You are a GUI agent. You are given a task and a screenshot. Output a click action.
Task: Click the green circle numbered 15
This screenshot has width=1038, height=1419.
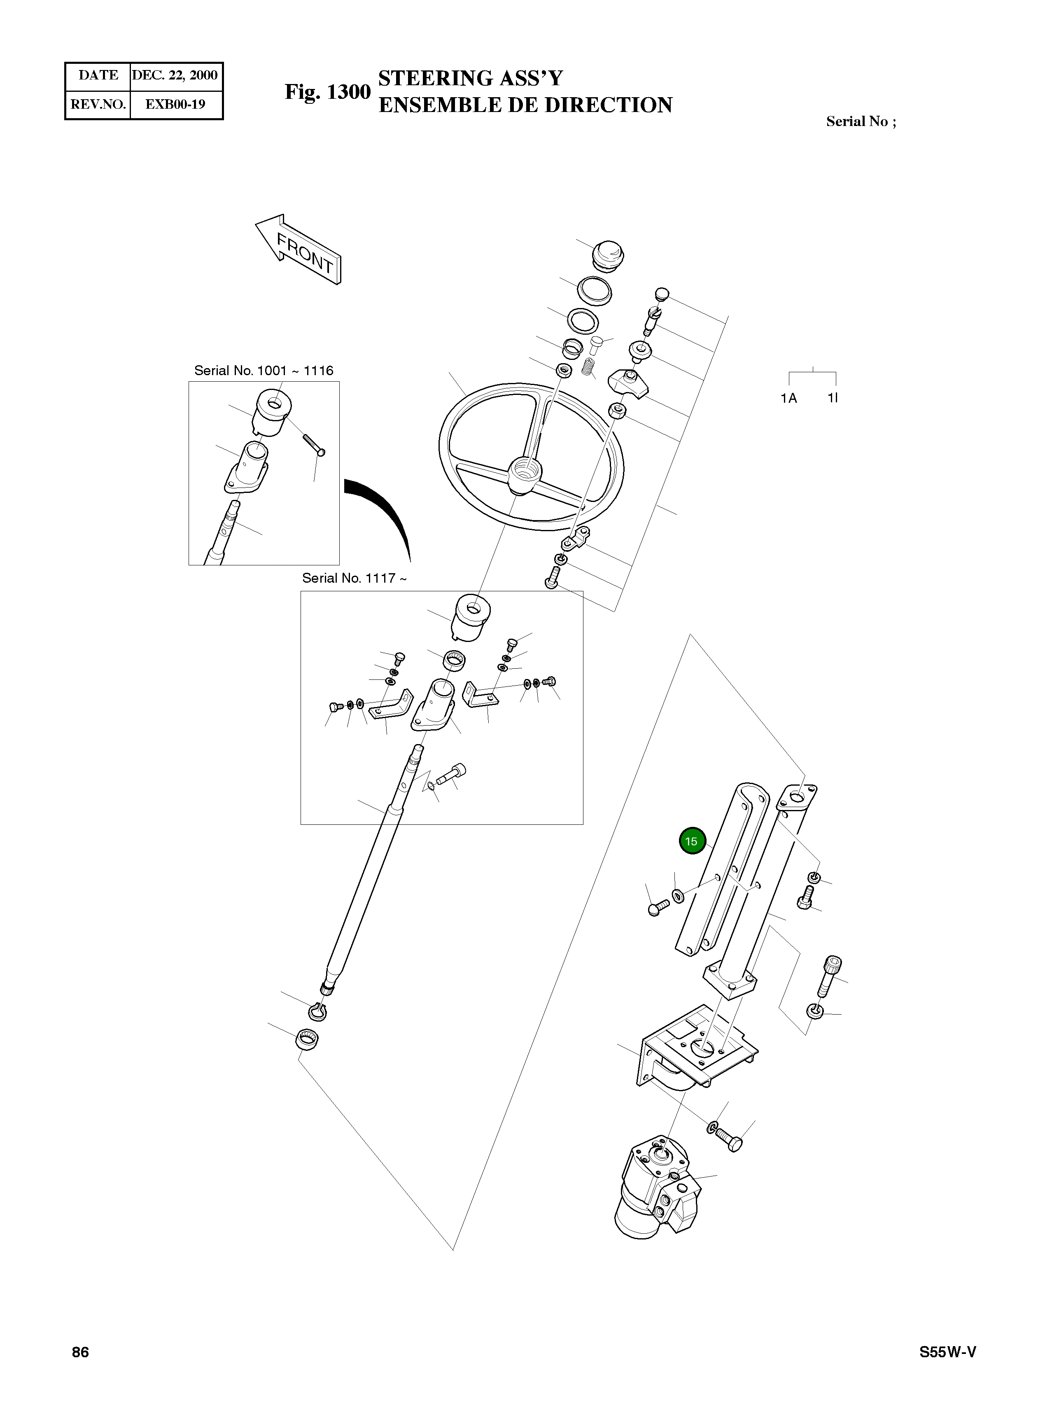[692, 841]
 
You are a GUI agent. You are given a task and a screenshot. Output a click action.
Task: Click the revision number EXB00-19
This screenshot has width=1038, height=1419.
[175, 104]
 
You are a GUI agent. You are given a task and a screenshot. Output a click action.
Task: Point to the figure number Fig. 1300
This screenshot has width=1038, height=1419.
[327, 92]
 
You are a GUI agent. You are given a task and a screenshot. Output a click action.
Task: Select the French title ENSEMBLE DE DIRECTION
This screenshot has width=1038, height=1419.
[525, 105]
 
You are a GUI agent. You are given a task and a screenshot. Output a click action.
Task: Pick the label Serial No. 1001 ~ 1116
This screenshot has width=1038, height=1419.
[264, 371]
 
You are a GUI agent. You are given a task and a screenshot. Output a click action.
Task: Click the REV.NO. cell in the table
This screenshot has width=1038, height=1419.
[98, 104]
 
